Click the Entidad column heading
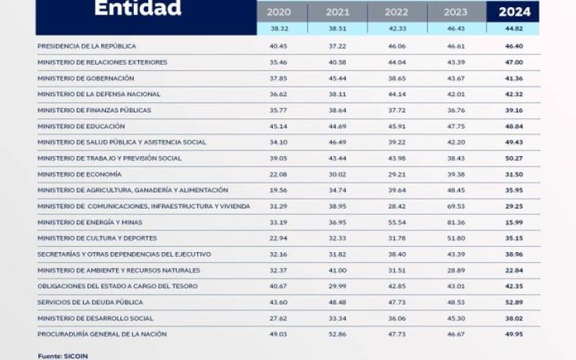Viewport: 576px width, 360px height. click(x=138, y=9)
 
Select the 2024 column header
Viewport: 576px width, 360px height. click(x=534, y=12)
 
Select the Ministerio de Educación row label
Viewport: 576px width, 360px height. click(x=81, y=126)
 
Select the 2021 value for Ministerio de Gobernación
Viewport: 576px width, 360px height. click(x=337, y=78)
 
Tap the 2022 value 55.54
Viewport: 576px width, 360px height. click(x=396, y=222)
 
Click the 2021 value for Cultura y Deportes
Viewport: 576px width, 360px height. click(x=337, y=238)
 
